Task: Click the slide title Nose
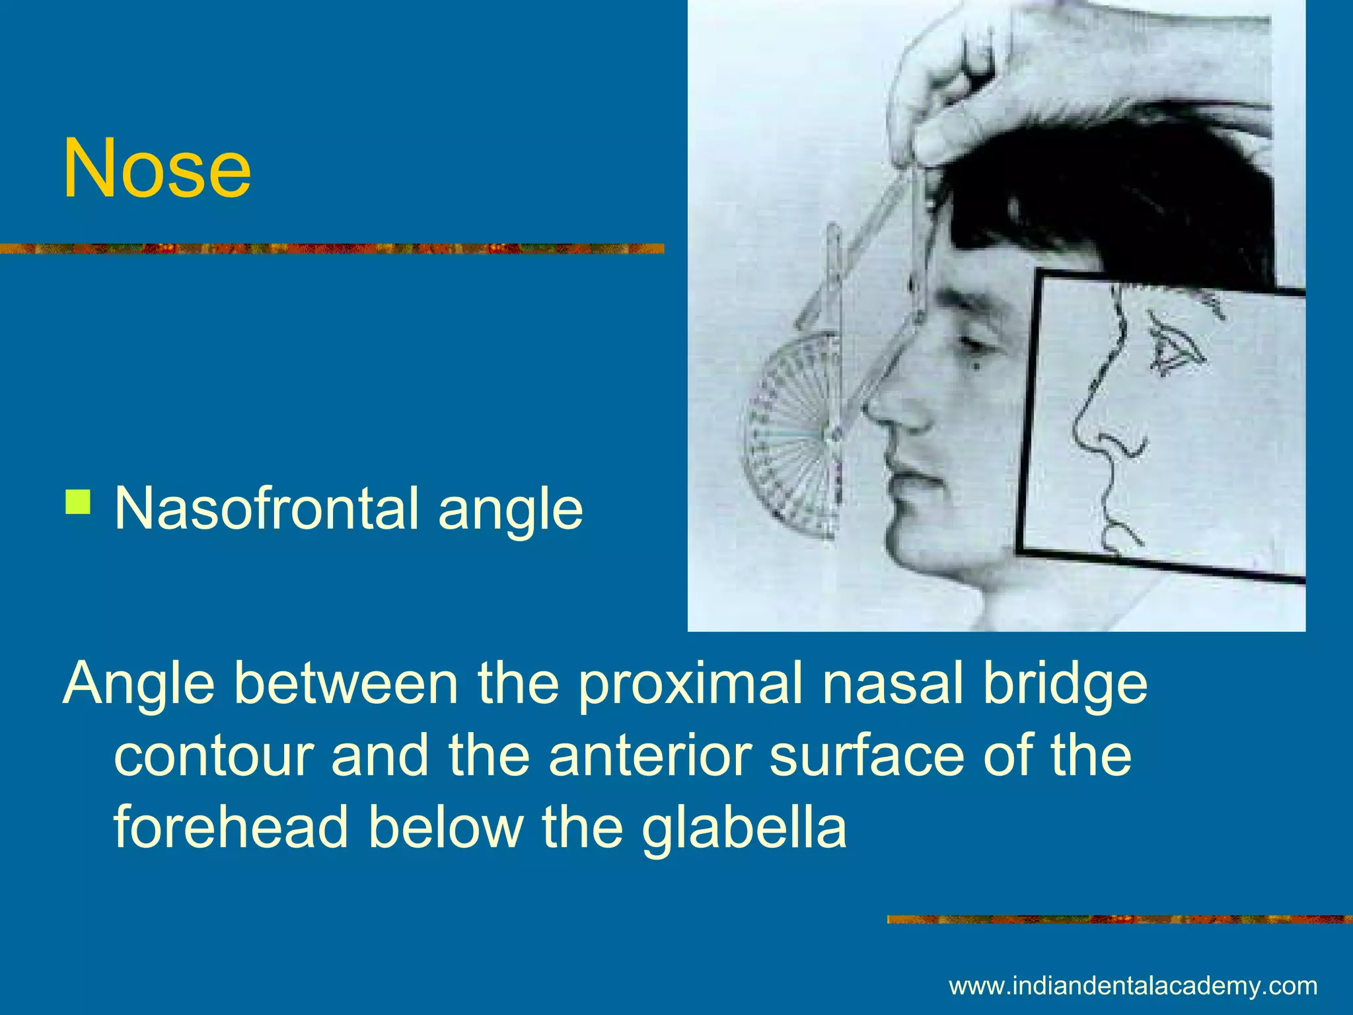[x=157, y=168]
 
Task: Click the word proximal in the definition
[x=691, y=685]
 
